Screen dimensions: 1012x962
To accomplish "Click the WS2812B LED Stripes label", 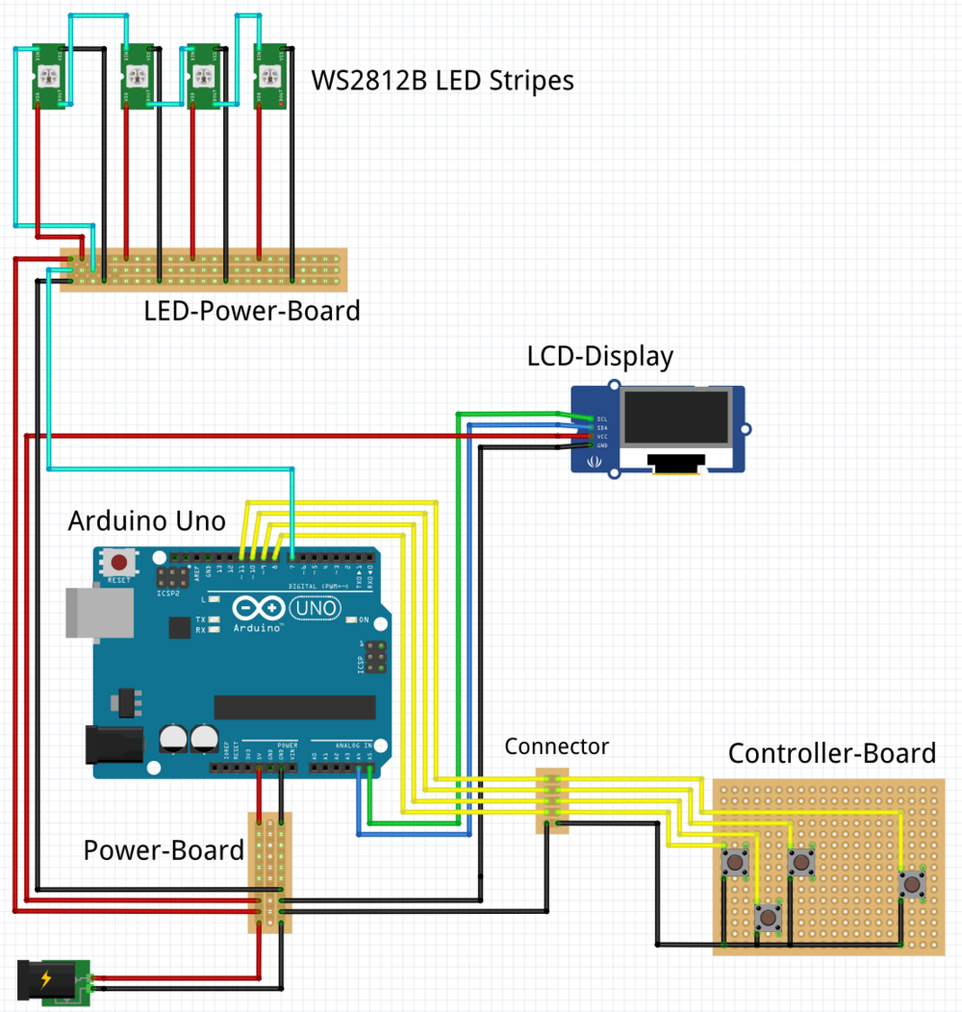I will (x=443, y=80).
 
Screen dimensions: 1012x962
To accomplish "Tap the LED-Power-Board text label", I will (x=252, y=311).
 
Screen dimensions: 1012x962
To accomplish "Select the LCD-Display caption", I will (x=600, y=357).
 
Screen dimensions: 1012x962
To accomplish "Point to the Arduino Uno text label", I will (x=147, y=521).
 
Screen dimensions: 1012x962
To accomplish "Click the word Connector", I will (x=557, y=746).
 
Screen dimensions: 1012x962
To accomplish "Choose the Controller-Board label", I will (x=832, y=753).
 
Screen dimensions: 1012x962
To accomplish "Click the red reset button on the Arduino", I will (x=119, y=562).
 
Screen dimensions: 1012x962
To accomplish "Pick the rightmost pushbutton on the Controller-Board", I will (x=909, y=883).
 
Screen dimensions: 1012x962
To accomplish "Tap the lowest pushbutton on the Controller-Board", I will (x=767, y=917).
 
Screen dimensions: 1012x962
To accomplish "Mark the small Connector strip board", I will (x=552, y=799).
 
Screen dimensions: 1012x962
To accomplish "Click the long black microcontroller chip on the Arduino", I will (x=294, y=707).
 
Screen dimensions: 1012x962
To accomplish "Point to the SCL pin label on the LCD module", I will (x=602, y=419).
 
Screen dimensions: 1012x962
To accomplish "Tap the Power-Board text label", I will (x=164, y=850).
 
